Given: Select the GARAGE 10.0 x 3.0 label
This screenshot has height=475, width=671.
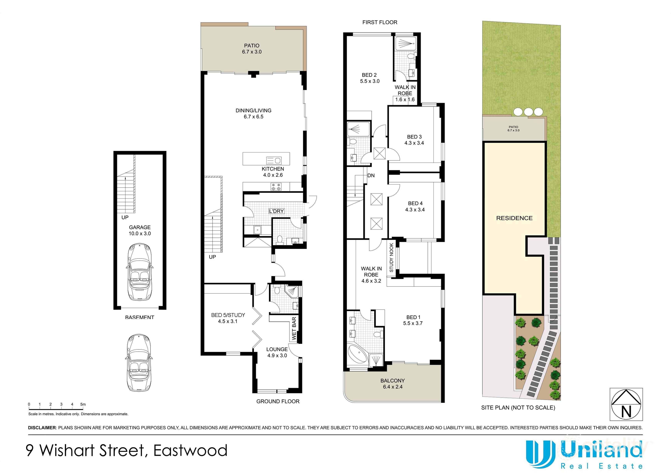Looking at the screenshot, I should tap(140, 230).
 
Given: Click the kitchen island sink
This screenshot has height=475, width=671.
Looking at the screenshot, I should tap(274, 160).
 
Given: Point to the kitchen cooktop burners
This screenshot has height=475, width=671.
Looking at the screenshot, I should tap(276, 187).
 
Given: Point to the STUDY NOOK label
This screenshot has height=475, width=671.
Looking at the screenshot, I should tap(391, 257).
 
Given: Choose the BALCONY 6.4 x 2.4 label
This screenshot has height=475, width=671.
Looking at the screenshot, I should tap(392, 384).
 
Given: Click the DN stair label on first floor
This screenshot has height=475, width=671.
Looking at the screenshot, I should tap(371, 176).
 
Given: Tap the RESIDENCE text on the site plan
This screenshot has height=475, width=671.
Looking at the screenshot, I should tap(514, 218).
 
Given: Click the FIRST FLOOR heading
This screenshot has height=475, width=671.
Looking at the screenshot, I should tap(380, 22).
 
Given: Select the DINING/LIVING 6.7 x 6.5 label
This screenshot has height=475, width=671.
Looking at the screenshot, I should tap(253, 114).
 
